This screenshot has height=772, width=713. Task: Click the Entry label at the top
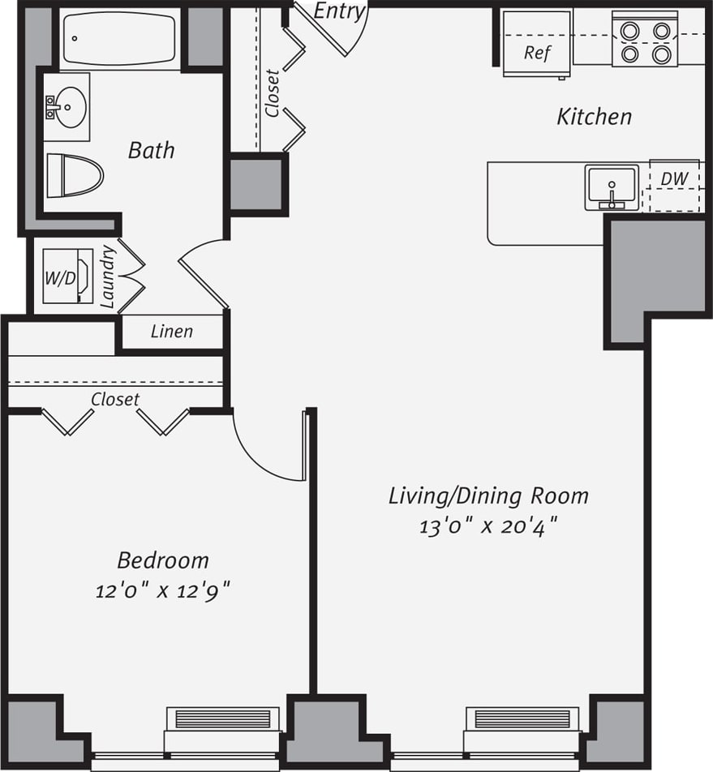point(340,11)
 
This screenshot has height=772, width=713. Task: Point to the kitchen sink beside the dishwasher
point(612,187)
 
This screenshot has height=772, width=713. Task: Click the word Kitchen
point(594,117)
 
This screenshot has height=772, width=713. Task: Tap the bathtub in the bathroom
point(118,39)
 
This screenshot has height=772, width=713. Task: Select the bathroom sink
point(66,106)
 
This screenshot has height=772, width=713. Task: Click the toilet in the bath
point(75,175)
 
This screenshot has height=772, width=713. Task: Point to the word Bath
point(151,150)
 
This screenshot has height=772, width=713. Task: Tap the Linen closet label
point(172,331)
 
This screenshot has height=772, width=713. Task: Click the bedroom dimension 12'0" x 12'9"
point(163,591)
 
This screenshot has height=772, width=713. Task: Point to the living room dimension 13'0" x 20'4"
point(488,526)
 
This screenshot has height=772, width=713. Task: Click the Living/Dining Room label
point(488,495)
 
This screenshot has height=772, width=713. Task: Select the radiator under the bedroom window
point(223,719)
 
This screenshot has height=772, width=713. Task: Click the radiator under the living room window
point(522,719)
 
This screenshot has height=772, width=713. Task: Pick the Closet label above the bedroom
point(115,399)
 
